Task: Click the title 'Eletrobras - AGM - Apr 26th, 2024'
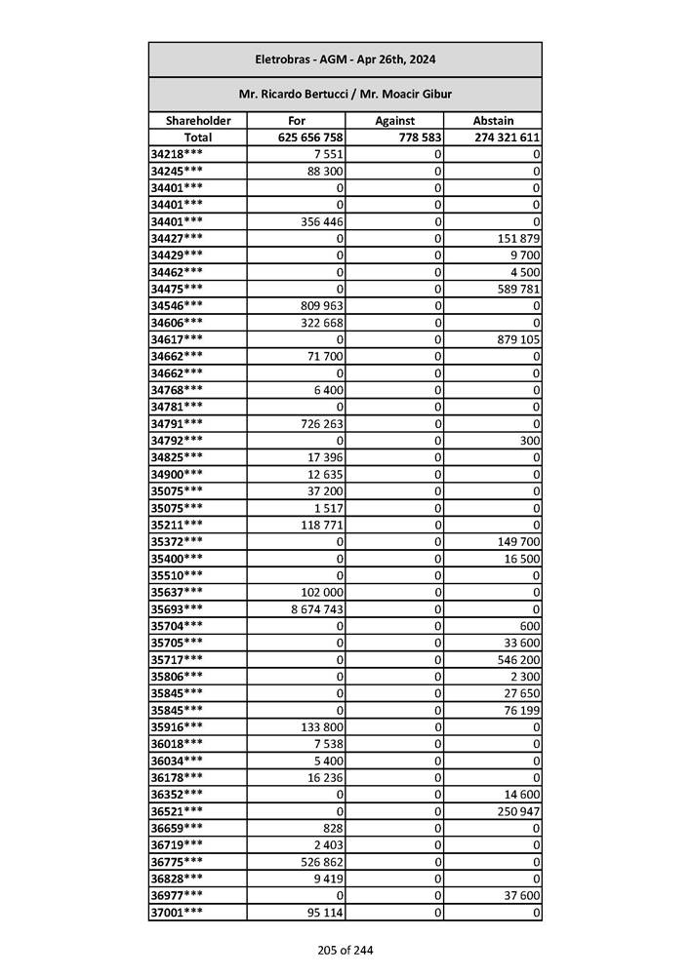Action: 345,59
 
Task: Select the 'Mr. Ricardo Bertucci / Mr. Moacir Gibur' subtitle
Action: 345,95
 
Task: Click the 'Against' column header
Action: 395,121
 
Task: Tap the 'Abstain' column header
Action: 493,121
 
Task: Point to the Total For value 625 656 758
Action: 309,137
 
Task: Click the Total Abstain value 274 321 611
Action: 507,137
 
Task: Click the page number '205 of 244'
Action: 345,951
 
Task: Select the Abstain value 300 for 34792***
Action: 528,441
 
